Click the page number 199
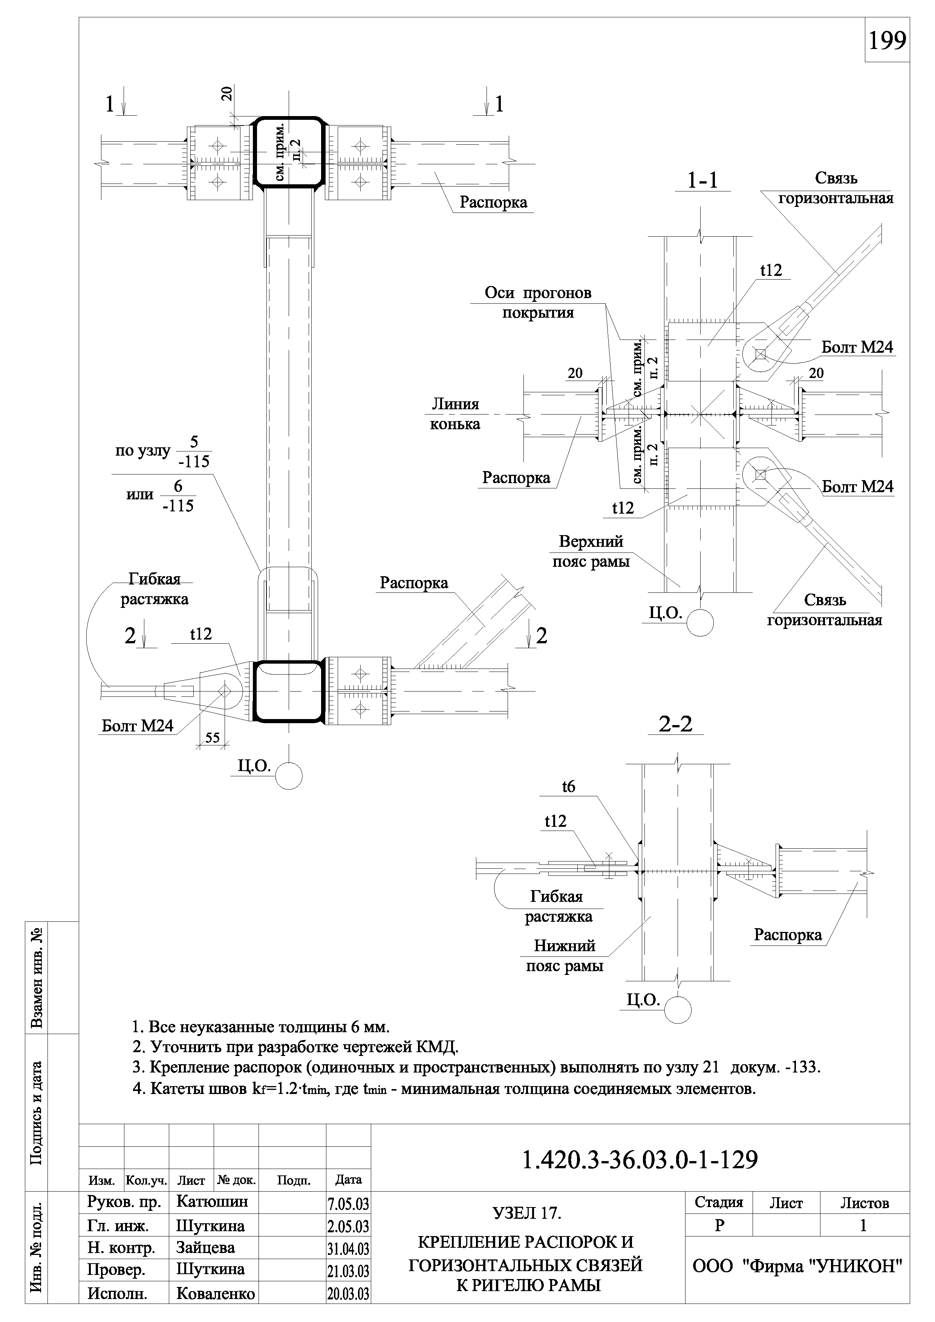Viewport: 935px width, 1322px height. click(887, 41)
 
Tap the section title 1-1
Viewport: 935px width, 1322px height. click(703, 180)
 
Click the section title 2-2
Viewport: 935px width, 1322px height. click(676, 724)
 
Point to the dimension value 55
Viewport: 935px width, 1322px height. click(213, 738)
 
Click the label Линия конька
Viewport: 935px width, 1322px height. click(455, 414)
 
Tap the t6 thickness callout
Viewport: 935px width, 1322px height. click(568, 786)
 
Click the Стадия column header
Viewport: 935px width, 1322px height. click(719, 1202)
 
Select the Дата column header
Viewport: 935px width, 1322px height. click(348, 1180)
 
